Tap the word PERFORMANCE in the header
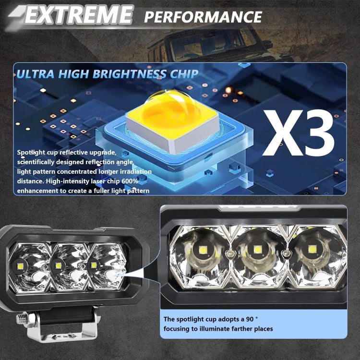(203, 17)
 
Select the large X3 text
(298, 133)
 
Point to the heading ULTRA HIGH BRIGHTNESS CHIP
(107, 74)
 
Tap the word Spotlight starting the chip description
(32, 153)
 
